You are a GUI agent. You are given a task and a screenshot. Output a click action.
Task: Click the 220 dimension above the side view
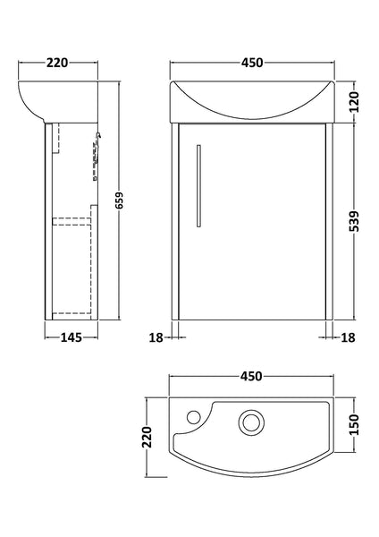tap(58, 64)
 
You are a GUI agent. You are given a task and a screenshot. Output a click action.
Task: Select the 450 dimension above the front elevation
tap(251, 64)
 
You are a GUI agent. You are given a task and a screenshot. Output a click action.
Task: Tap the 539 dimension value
tap(356, 222)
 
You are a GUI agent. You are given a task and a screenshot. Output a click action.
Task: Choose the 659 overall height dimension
tap(120, 204)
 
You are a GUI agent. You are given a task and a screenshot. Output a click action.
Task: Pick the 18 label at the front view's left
tap(155, 337)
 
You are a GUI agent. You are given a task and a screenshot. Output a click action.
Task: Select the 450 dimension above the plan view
tap(251, 378)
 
